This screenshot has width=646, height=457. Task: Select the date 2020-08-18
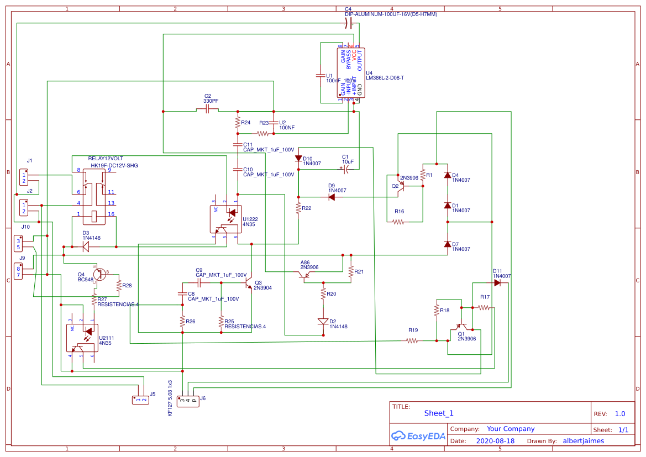[x=495, y=441]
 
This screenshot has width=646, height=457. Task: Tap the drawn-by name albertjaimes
[x=583, y=441]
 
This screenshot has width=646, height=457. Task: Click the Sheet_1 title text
[x=439, y=413]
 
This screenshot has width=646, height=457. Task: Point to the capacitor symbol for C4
[x=348, y=23]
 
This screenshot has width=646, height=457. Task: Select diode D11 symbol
[x=497, y=283]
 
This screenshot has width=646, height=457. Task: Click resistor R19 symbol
[x=412, y=341]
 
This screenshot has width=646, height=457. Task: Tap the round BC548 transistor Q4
[x=99, y=274]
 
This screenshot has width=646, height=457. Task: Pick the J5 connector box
[x=140, y=400]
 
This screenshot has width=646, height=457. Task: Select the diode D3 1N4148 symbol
[x=86, y=247]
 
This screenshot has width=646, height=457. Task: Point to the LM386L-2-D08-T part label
[x=385, y=78]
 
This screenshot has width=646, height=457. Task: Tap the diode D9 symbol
[x=332, y=197]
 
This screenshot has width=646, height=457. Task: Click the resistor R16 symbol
[x=398, y=222]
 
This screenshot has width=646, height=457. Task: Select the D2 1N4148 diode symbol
[x=323, y=321]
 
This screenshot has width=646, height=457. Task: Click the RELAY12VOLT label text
[x=106, y=159]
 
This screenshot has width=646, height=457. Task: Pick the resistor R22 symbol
[x=298, y=208]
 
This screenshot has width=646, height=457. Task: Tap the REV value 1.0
[x=619, y=413]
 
